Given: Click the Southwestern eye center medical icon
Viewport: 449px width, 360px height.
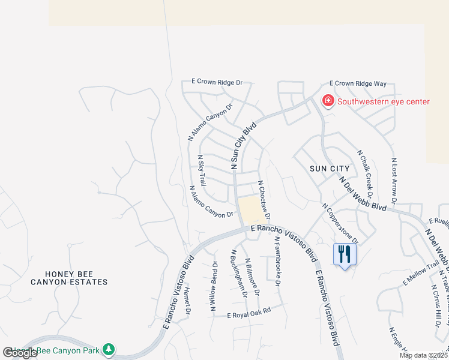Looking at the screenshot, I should pos(328,101).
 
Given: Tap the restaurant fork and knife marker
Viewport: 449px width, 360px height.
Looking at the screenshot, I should pos(345,254).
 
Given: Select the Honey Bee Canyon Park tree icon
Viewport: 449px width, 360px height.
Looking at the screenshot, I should pos(108,349).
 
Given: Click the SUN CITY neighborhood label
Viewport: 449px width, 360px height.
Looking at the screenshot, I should pos(330,169).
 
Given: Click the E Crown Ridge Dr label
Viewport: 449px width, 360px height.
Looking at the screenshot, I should pos(217,82).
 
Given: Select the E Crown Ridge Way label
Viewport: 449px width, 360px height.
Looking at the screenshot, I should pos(358,83).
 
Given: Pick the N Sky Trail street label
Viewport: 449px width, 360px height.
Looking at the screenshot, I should pos(202,170).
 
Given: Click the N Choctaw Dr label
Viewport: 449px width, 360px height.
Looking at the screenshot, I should pos(265,200).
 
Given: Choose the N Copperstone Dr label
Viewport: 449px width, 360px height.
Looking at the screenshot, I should pos(340,224).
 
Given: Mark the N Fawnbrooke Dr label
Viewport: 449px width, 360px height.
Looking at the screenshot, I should pos(278,262).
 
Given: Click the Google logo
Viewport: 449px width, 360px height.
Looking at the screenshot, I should pos(20,353).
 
